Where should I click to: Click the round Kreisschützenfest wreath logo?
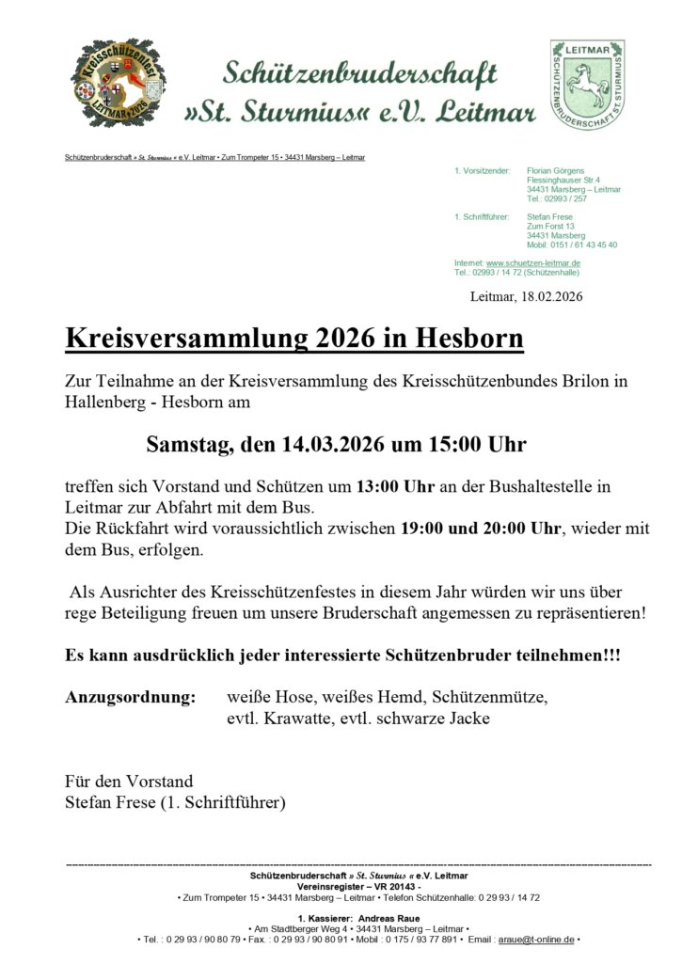[x=113, y=84]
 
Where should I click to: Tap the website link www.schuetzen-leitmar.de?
[x=533, y=263]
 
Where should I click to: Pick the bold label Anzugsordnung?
[x=131, y=698]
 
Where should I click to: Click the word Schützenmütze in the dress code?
[x=489, y=698]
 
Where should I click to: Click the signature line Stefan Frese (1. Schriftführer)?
[x=175, y=802]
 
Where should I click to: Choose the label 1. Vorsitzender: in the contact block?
[x=482, y=170]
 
